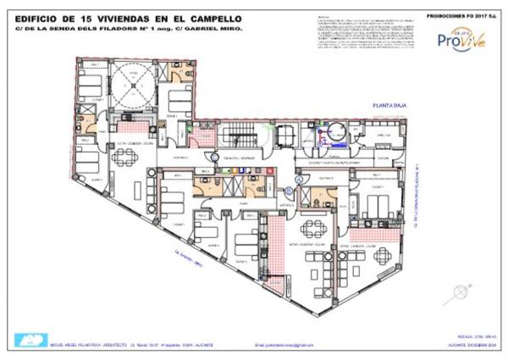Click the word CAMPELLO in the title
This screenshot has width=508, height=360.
coord(209,18)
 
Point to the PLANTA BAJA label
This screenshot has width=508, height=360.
coord(391,106)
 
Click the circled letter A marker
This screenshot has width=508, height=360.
coord(300,180)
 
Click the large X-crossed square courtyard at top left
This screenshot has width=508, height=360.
coord(131,81)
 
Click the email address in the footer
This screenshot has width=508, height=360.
coord(284,346)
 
